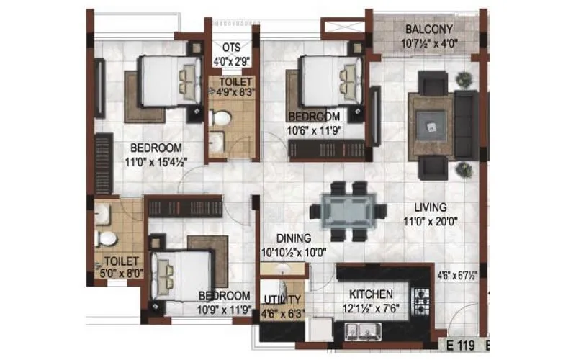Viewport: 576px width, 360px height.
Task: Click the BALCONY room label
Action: (x=428, y=30)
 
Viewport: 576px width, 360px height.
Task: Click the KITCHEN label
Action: (x=371, y=294)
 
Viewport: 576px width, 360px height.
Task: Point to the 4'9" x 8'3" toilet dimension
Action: (x=232, y=91)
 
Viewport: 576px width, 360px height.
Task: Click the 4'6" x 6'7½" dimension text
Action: (x=458, y=274)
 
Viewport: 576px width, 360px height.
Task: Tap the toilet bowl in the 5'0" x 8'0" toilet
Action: (x=105, y=237)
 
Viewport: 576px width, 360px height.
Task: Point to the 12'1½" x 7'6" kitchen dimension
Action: (x=371, y=308)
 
